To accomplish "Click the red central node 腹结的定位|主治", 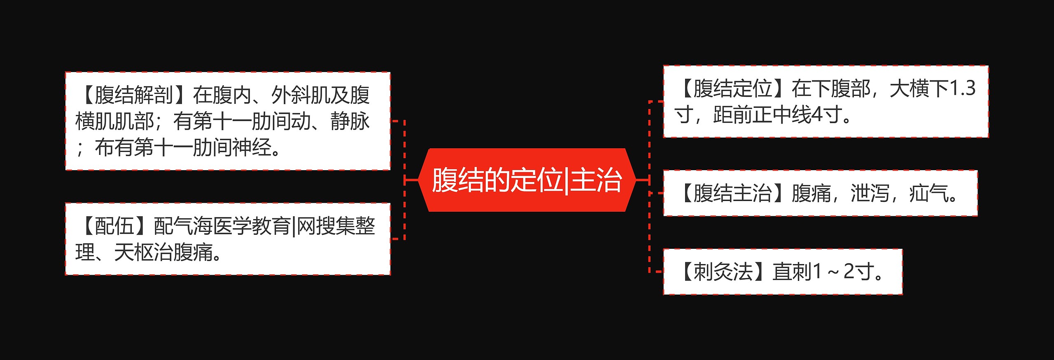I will coord(527,180).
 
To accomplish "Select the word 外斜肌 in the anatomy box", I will coord(300,95).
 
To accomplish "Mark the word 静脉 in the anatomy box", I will coord(350,121).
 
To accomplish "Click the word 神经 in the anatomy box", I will coord(252,147).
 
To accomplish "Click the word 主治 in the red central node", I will coord(596,180).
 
